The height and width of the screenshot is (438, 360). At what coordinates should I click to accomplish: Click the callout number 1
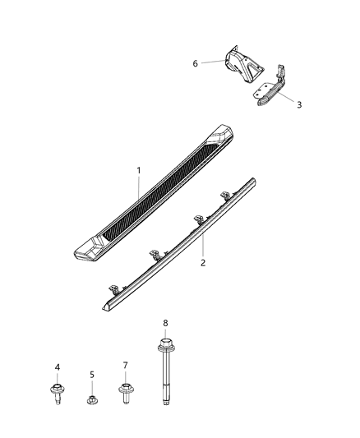(138, 170)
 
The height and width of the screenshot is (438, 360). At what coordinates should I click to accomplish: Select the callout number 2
(203, 263)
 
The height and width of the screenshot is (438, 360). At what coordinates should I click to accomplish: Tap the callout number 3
(298, 104)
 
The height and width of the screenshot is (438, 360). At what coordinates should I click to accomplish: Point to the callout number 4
(58, 367)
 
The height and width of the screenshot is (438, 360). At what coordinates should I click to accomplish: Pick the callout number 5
(92, 375)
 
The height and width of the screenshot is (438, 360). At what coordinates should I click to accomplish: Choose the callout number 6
(195, 63)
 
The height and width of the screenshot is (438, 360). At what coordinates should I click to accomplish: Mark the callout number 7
(125, 364)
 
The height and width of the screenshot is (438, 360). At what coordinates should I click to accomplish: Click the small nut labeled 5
(92, 401)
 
